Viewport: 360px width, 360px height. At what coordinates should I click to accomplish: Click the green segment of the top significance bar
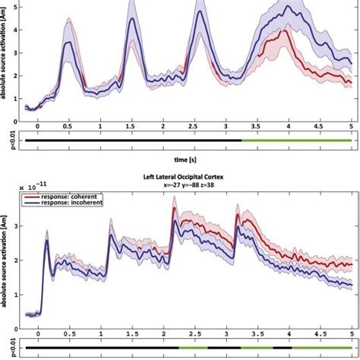coord(296,140)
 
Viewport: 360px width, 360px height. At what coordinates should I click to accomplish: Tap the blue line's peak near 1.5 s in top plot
coord(132,19)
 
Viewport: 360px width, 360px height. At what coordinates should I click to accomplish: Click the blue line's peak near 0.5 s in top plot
coord(69,43)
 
